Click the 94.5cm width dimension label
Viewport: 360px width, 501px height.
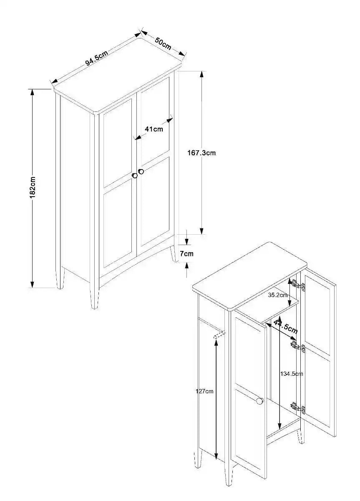coord(97,57)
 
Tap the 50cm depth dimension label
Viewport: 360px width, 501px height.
coord(163,43)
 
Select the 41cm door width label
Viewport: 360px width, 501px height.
coord(154,129)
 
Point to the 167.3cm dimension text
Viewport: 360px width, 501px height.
coord(201,153)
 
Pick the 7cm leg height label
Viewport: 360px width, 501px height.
coord(186,253)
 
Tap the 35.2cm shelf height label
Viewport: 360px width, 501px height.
coord(278,295)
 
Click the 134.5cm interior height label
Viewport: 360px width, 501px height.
coord(292,374)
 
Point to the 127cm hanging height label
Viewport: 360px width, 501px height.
coord(204,391)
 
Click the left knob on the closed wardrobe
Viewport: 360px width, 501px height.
coord(135,176)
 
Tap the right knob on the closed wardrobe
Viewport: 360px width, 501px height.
coord(141,171)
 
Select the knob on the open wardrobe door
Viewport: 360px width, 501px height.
coord(259,401)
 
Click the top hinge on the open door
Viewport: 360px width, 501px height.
coord(297,285)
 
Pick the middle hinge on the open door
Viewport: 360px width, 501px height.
coord(298,346)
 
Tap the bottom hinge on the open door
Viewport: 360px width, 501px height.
coord(298,407)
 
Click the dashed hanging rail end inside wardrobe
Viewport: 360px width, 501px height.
coord(219,335)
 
